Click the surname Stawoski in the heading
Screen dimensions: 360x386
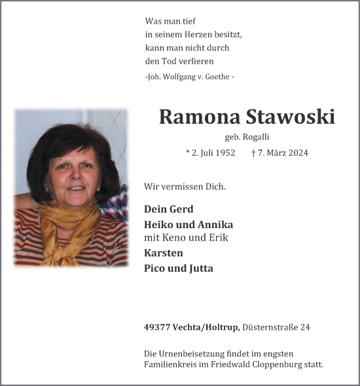pos(290,117)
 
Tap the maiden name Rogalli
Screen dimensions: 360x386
pos(256,137)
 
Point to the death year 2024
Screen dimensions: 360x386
pos(297,153)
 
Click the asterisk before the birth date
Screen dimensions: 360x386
pos(188,152)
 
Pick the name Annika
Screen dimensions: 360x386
pos(215,224)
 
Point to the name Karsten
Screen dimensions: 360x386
pos(163,252)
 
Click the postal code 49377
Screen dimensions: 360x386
pos(157,327)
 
